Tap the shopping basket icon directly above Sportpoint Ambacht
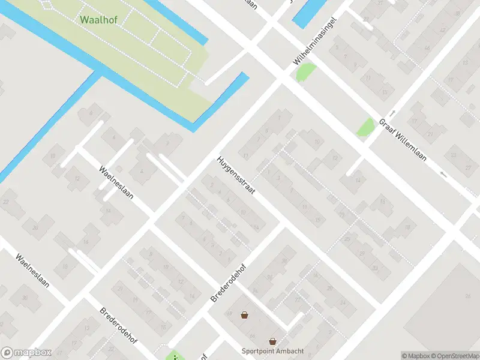click(x=272, y=341)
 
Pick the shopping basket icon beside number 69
click(x=244, y=314)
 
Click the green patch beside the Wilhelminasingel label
click(x=305, y=73)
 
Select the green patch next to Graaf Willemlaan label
click(x=365, y=127)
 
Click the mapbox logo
click(x=26, y=353)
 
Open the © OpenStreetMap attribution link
click(x=454, y=356)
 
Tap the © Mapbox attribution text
click(x=415, y=356)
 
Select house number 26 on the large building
click(x=467, y=296)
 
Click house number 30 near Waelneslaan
click(x=25, y=298)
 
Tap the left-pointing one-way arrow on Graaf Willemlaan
click(x=443, y=175)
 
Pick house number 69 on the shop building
click(x=229, y=313)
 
